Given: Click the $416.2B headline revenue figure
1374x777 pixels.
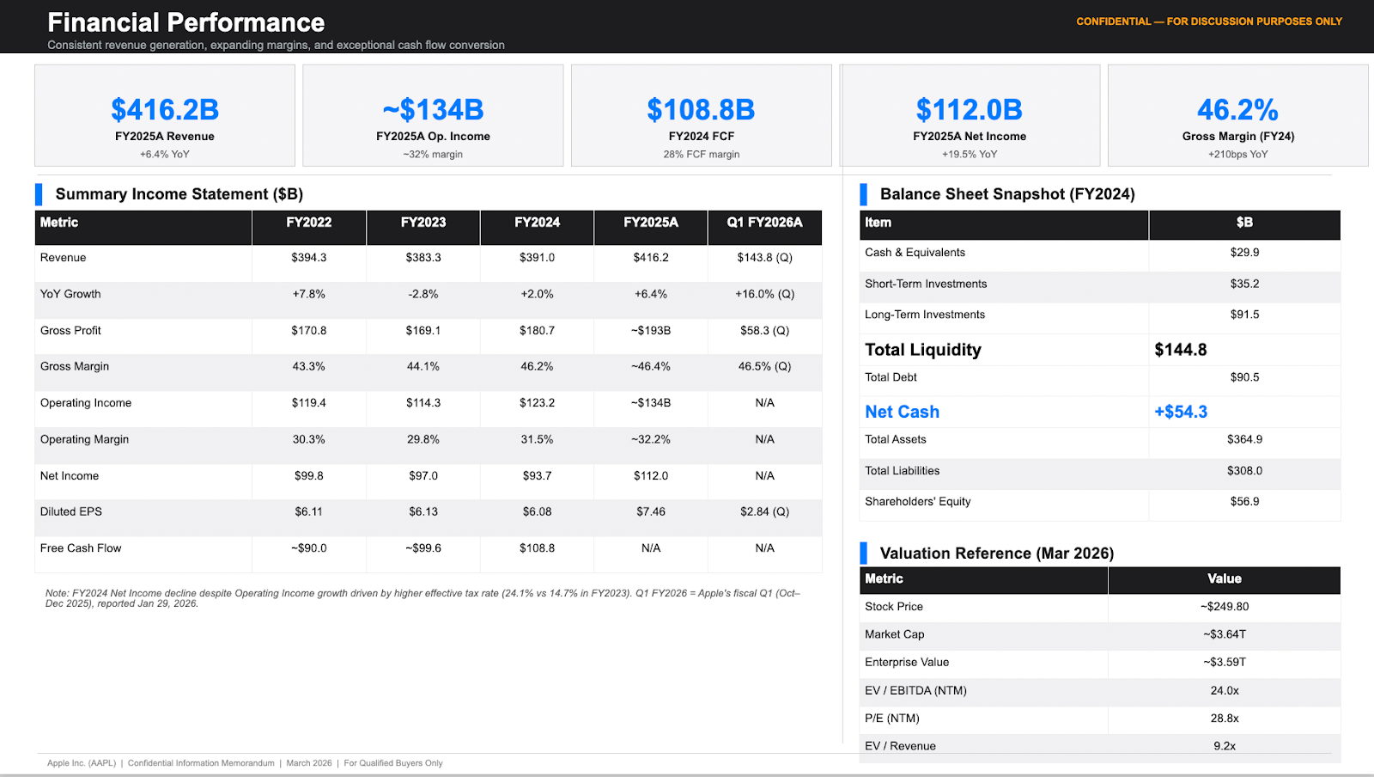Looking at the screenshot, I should coord(165,110).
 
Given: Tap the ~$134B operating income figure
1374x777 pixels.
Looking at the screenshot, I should coord(433,110).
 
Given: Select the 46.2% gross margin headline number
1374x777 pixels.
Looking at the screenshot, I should coord(1237,110).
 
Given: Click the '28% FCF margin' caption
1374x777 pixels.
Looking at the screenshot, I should coord(701,155).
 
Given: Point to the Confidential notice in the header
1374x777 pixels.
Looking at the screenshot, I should coord(1208,21).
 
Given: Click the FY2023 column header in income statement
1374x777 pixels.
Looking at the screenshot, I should coord(423,223).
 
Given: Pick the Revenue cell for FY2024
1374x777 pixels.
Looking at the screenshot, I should coord(537,258).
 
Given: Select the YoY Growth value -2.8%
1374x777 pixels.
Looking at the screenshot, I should coord(423,294).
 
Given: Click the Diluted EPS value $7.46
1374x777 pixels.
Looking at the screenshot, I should coord(650,511).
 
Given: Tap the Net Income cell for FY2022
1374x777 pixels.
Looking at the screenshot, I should coord(308,476).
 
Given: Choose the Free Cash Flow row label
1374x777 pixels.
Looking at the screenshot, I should coord(81,548).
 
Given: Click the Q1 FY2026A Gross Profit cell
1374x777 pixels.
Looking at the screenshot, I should coord(764,331).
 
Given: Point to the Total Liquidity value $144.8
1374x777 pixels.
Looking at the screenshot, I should coord(1180,350).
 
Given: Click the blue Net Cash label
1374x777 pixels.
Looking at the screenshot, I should coord(902,412).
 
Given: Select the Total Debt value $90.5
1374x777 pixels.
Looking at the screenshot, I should coord(1244,377).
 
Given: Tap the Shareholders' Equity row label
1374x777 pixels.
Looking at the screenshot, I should coord(917,502).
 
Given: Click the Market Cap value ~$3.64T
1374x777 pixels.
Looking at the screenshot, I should coord(1224,634).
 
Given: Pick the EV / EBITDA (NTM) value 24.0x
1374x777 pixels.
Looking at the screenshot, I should coord(1224,691).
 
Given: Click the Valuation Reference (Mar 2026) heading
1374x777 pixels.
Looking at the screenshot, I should coord(996,554).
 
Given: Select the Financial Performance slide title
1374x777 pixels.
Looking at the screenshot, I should coord(186,22).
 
